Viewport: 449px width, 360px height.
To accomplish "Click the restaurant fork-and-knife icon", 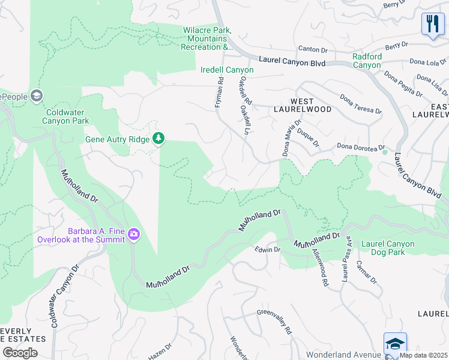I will tap(432, 25).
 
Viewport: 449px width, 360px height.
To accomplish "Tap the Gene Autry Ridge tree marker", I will tap(158, 139).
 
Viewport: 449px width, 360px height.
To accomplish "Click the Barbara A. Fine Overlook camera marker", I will tap(133, 233).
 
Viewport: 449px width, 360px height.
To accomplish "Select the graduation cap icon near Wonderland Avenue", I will tap(395, 344).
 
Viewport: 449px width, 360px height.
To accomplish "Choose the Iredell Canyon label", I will tap(227, 70).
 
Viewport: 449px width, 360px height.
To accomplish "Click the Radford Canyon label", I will tap(366, 61).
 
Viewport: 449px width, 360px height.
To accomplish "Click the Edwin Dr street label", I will tap(267, 249).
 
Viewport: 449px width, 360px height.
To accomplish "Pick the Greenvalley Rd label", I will tap(274, 320).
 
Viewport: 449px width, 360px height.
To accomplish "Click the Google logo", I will tap(20, 352).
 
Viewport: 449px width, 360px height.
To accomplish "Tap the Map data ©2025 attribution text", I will tap(423, 355).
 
